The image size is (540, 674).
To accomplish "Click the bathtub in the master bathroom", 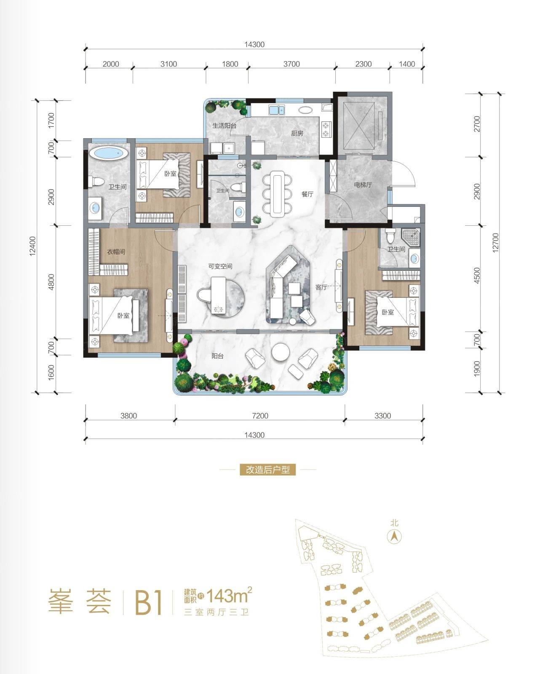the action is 108,154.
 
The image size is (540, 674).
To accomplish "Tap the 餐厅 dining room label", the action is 307,194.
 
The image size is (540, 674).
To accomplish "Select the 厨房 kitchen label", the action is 297,134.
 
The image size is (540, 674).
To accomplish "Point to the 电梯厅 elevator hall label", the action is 363,185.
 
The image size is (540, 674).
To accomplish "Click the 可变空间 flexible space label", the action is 221,267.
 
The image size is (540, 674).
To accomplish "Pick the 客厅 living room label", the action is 321,287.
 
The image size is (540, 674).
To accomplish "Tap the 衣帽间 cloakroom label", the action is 116,251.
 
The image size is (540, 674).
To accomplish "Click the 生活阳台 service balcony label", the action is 224,126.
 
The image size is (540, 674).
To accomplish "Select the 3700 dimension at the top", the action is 291,64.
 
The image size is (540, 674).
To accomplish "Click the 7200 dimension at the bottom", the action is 260,416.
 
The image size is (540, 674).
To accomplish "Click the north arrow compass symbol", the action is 394,537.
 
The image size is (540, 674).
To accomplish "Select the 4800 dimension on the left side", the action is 51,282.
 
